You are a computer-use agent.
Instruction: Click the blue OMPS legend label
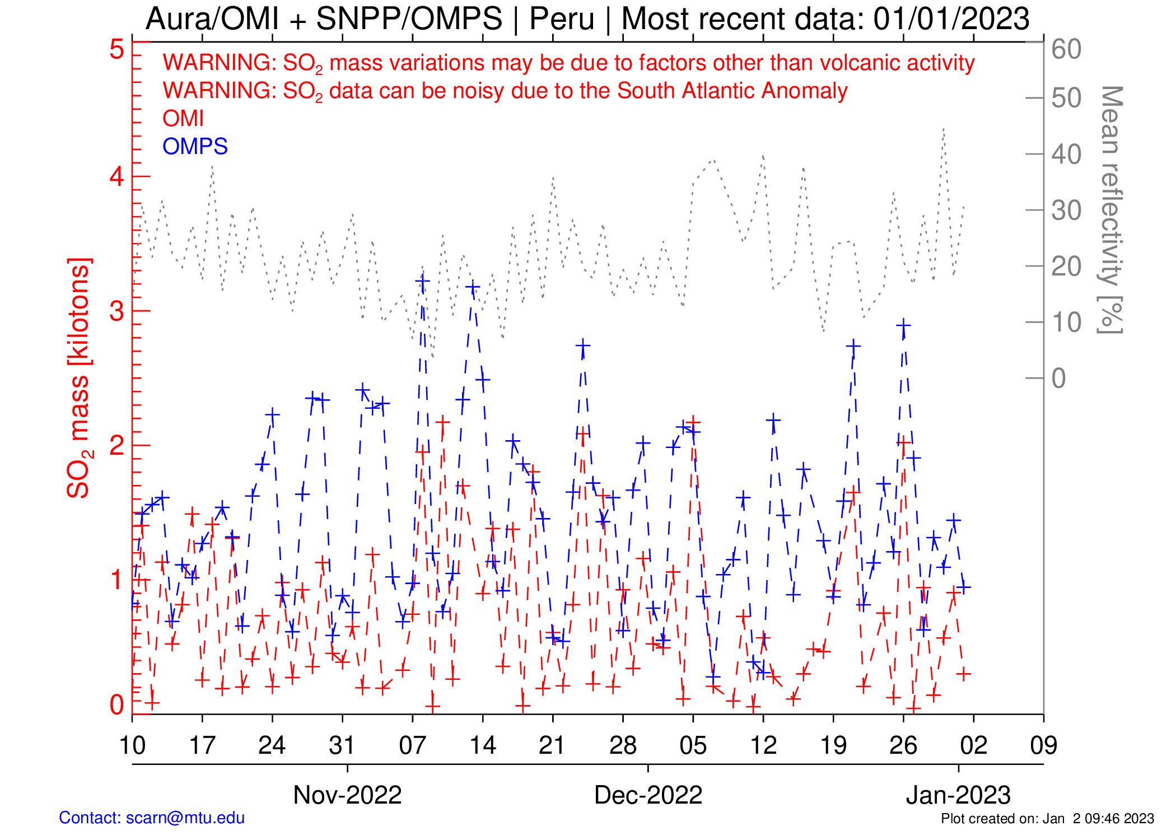point(195,147)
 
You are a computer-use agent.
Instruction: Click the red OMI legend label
point(183,119)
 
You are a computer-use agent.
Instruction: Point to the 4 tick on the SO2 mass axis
point(117,177)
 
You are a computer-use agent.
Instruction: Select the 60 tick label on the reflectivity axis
point(1066,49)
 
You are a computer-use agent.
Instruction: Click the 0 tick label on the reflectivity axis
point(1058,379)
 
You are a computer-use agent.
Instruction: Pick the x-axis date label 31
point(342,745)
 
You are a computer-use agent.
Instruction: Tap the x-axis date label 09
point(1043,745)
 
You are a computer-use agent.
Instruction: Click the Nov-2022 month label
point(347,795)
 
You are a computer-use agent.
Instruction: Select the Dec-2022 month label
point(648,795)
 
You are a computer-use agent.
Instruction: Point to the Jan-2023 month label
point(958,795)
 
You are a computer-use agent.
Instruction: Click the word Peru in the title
point(561,19)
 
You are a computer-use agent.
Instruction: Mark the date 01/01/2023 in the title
point(951,19)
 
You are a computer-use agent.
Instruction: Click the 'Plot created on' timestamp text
point(1047,819)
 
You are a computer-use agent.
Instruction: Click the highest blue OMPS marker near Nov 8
point(422,281)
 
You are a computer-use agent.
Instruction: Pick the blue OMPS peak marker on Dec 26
point(903,325)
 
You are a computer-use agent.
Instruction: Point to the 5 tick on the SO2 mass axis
point(117,49)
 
